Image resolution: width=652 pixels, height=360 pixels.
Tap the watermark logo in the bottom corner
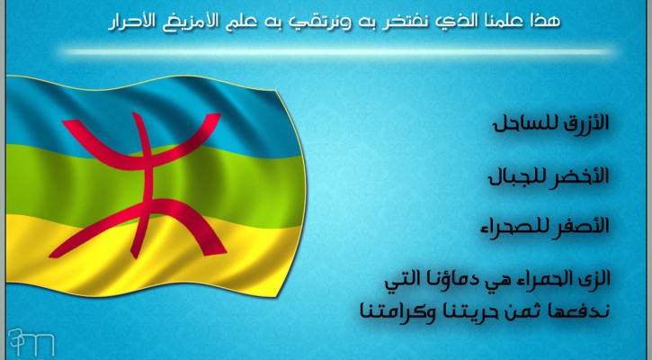pos(31,342)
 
